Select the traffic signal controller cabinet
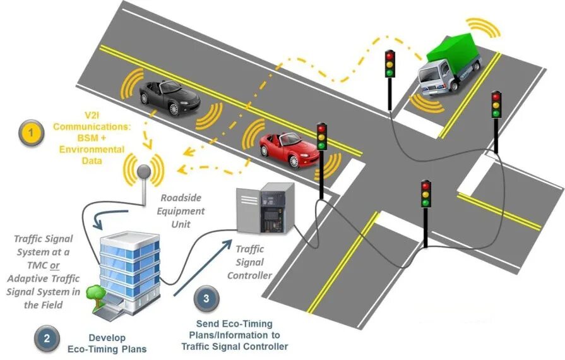pos(265,208)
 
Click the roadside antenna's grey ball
pos(145,171)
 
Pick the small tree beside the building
pos(95,294)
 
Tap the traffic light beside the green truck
pos(390,64)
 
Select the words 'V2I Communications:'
pos(92,121)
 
